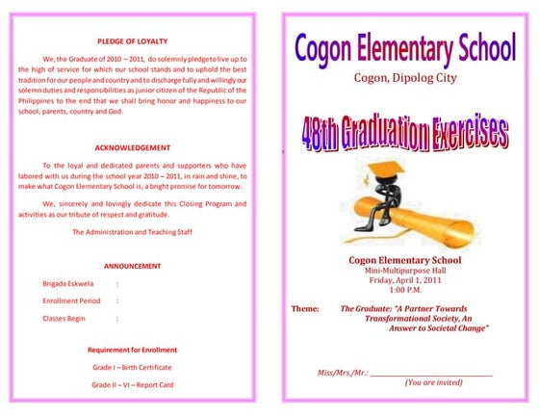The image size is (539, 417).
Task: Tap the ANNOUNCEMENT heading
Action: [x=133, y=266]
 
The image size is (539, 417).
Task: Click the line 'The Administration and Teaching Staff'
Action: [x=133, y=232]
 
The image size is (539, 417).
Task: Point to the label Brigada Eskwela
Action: [x=67, y=284]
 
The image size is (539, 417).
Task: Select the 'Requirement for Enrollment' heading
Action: [x=133, y=350]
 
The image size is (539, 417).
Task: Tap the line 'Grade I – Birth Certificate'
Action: [x=133, y=367]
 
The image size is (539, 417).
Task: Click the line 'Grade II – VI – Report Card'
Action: [x=133, y=384]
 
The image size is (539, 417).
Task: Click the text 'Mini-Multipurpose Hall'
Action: [x=404, y=271]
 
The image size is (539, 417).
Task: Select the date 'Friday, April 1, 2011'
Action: [x=404, y=280]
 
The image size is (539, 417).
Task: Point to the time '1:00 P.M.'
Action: [x=404, y=290]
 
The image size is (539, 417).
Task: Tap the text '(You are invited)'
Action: [x=433, y=382]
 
